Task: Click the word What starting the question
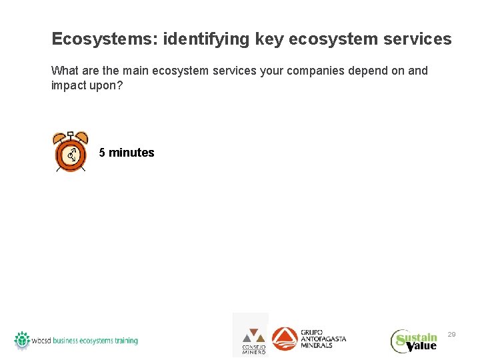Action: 65,71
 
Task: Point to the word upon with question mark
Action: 107,85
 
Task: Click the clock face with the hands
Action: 71,155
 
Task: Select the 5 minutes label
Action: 127,153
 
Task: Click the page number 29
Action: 451,334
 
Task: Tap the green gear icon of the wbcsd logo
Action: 22,339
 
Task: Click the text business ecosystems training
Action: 95,341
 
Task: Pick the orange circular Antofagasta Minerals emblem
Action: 285,339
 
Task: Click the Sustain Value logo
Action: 414,341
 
